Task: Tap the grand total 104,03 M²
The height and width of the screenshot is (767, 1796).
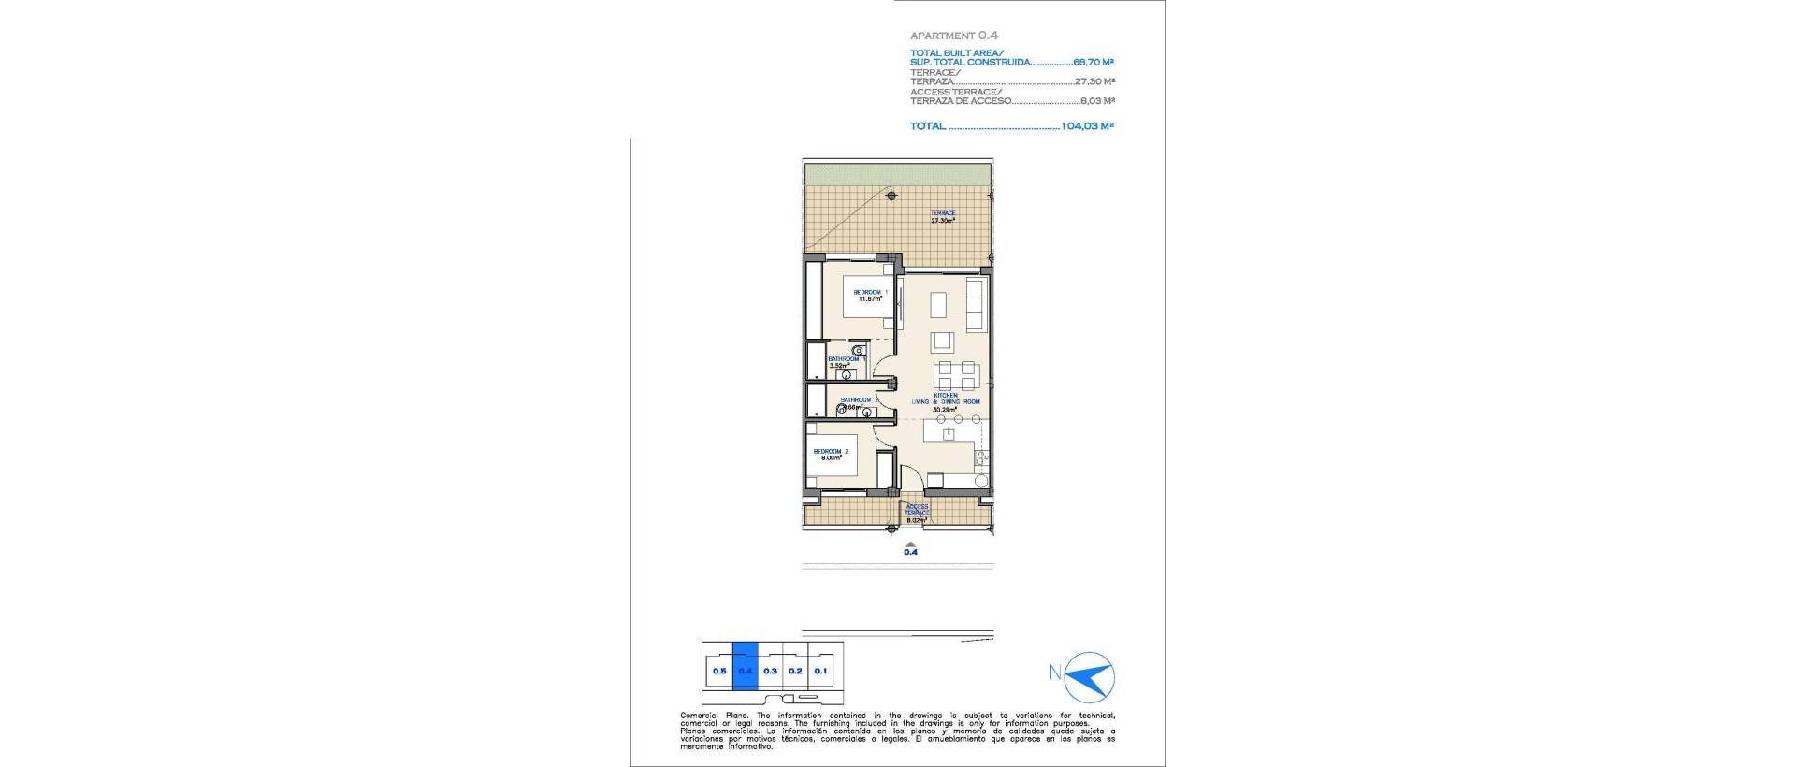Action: click(x=1087, y=125)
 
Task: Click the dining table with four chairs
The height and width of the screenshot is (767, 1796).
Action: click(x=945, y=375)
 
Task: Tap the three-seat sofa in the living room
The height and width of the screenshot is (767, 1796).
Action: click(x=975, y=303)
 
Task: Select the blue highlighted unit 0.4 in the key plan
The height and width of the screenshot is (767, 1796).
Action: click(x=746, y=671)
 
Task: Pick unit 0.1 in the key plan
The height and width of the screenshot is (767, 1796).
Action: click(x=820, y=671)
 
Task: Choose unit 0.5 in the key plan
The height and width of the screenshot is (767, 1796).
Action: click(x=719, y=671)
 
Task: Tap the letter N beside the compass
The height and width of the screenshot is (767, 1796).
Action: click(x=1054, y=672)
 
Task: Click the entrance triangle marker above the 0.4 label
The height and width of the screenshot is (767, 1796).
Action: click(x=910, y=542)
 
